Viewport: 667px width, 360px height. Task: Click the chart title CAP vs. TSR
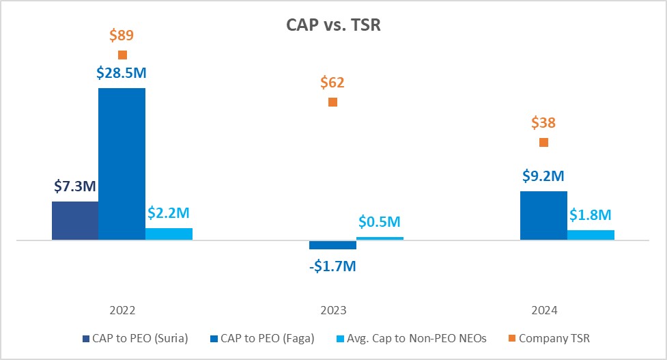(333, 25)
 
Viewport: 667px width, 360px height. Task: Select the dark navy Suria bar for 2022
(75, 220)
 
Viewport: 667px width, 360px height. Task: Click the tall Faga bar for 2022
(122, 164)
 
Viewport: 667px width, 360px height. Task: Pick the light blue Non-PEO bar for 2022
(169, 234)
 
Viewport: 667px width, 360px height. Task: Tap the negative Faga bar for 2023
(332, 245)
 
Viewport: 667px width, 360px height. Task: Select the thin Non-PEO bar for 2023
(380, 238)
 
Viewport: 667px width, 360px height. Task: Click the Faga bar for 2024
(543, 215)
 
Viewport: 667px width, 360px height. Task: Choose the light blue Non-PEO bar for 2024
(591, 235)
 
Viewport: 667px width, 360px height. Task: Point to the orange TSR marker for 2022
(122, 55)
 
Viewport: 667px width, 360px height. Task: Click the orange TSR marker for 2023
(332, 102)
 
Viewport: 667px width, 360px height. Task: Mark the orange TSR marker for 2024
(543, 142)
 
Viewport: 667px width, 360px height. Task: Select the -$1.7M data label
(332, 265)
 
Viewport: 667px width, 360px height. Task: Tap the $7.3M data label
(75, 186)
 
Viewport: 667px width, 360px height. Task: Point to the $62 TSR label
(332, 83)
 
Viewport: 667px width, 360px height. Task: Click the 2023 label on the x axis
(332, 310)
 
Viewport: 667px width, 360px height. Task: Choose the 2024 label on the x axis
(543, 310)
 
